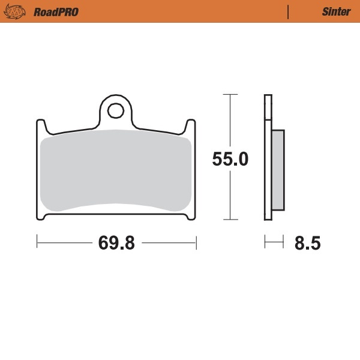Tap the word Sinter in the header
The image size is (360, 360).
coord(332,11)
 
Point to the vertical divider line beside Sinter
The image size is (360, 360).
coord(289,11)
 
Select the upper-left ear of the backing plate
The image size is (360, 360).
coord(40,127)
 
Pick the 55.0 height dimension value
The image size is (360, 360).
coord(230,160)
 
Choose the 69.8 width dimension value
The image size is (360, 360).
coord(116,243)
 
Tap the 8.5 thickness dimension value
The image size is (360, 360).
coord(307,244)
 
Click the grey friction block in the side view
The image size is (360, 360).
coord(278,170)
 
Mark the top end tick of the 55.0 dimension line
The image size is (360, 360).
coord(227,94)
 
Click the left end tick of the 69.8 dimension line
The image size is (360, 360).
coord(37,242)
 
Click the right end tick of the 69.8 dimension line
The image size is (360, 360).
coord(197,242)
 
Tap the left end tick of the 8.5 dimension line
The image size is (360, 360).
coord(265,242)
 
